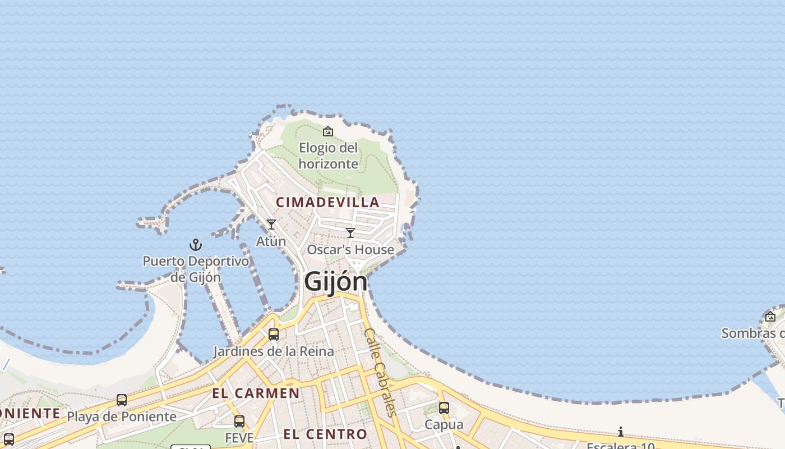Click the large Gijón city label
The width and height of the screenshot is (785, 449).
point(335,282)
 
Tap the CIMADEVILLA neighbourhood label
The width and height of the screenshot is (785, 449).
point(327,202)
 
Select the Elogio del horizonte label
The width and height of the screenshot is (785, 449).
point(329,156)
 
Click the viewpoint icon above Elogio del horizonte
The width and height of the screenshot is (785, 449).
point(328,131)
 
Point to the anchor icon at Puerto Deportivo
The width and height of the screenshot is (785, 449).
point(195,245)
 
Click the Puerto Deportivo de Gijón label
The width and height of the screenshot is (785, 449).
point(196,269)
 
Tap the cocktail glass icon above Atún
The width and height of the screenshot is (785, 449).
point(271,224)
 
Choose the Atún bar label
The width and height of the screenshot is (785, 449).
point(271,241)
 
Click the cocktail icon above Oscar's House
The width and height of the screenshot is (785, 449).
point(350,233)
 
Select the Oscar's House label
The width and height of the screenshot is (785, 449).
point(350,250)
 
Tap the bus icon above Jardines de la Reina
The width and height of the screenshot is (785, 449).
point(274,335)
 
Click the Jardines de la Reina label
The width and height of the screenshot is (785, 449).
point(274,351)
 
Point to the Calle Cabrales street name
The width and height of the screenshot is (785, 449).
point(380,372)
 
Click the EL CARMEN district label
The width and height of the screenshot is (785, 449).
point(256,393)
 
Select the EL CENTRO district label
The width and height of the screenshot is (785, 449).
point(325,434)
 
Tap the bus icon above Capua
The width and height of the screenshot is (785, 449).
point(444,408)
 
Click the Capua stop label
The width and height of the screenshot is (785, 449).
point(444,424)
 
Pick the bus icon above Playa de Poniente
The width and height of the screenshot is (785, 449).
point(122,400)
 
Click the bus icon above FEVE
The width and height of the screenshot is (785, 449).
point(239,421)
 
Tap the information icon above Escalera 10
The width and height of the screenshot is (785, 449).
point(621,432)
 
